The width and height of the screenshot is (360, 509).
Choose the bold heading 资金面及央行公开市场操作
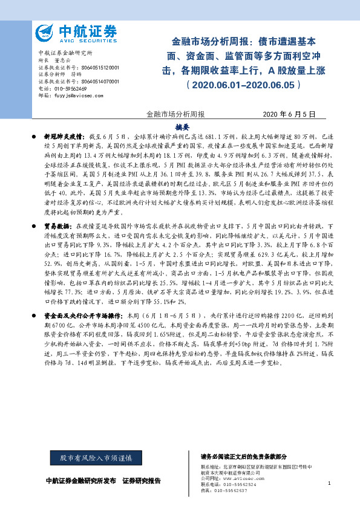tap(82, 315)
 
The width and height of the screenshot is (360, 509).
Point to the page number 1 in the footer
tap(329, 483)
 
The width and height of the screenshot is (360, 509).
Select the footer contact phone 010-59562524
tap(237, 484)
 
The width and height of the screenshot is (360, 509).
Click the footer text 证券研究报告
tap(142, 481)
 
